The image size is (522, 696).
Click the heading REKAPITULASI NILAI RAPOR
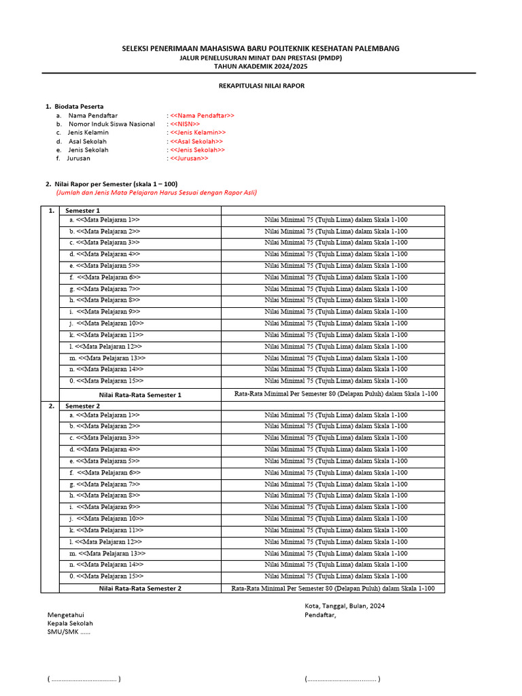click(x=262, y=86)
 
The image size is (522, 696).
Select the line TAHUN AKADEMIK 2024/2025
click(x=262, y=67)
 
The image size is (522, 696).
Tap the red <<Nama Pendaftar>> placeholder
click(x=202, y=116)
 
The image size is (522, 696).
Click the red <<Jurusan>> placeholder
click(x=189, y=158)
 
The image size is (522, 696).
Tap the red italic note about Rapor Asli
click(x=156, y=192)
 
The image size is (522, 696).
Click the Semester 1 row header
click(x=82, y=211)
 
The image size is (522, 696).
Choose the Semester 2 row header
click(x=82, y=406)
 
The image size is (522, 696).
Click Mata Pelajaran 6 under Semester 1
click(x=109, y=277)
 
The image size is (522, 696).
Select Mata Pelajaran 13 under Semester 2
click(x=111, y=553)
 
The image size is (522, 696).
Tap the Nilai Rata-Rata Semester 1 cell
click(x=140, y=394)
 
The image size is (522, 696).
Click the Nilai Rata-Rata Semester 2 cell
click(x=140, y=589)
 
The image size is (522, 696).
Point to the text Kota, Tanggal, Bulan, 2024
click(x=345, y=606)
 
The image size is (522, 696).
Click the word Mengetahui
click(x=66, y=614)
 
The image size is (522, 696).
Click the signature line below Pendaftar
click(x=343, y=678)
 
